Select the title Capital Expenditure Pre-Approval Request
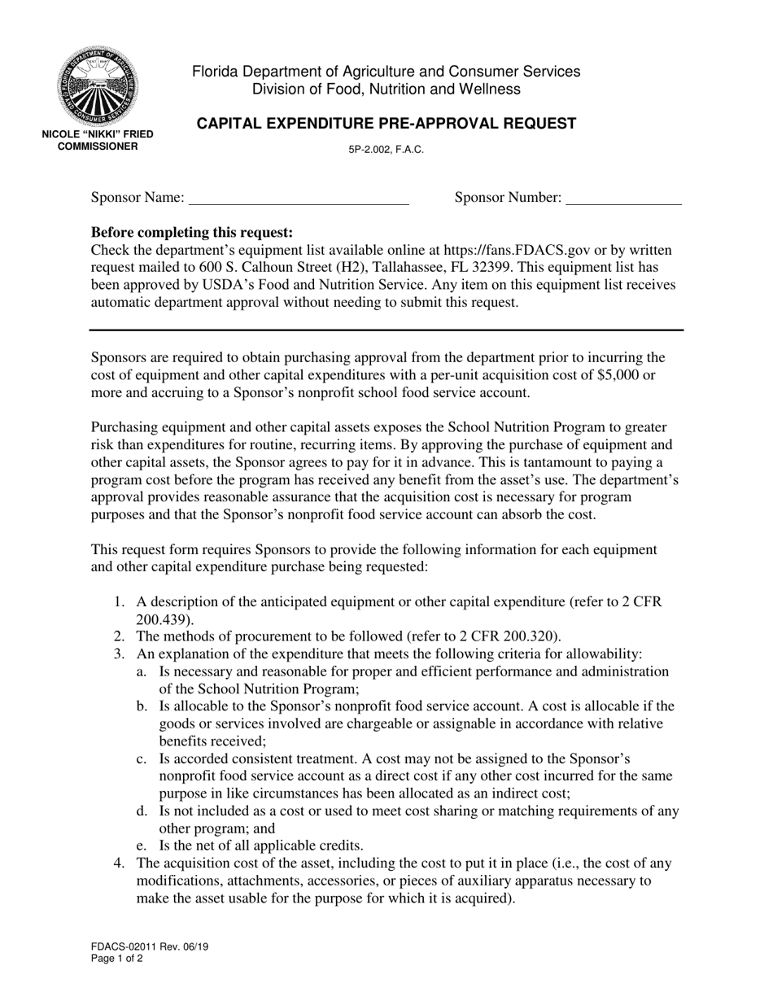(x=386, y=124)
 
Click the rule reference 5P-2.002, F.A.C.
(x=386, y=151)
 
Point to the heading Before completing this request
(x=192, y=232)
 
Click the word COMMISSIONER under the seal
(x=98, y=146)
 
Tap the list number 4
(x=119, y=863)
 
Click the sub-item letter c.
(x=142, y=758)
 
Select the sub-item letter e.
(x=142, y=846)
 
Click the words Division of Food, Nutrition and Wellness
(x=386, y=90)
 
